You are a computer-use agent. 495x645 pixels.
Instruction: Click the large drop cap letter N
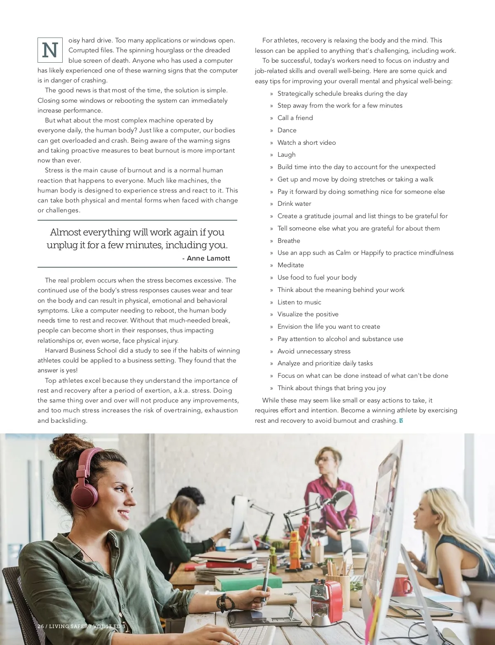tap(50, 50)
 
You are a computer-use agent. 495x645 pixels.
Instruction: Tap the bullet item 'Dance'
tap(287, 130)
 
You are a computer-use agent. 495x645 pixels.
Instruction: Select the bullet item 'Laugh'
tap(286, 155)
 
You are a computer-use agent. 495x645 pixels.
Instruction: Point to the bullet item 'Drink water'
tap(294, 204)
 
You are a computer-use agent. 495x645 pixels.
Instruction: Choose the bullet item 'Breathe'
tap(289, 241)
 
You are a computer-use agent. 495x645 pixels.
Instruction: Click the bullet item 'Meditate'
tap(290, 265)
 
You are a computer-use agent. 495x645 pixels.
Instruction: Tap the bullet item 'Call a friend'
tap(295, 118)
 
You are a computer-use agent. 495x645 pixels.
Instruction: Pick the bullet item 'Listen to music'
tap(299, 302)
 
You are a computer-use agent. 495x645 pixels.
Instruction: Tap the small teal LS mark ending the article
tap(401, 421)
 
